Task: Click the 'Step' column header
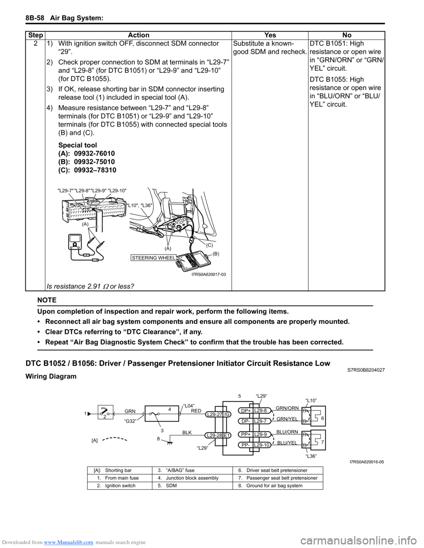[35, 35]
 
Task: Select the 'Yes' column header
[270, 35]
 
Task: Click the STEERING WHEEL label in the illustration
[154, 258]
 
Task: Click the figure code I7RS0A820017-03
[208, 274]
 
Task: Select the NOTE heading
[47, 300]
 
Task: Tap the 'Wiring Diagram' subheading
[51, 376]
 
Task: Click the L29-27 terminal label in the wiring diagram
[215, 415]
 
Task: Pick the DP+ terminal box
[246, 411]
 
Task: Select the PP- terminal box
[246, 445]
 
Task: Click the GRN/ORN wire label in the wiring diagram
[287, 409]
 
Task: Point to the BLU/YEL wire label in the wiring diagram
[287, 443]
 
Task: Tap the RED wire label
[196, 411]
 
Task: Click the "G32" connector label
[130, 421]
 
